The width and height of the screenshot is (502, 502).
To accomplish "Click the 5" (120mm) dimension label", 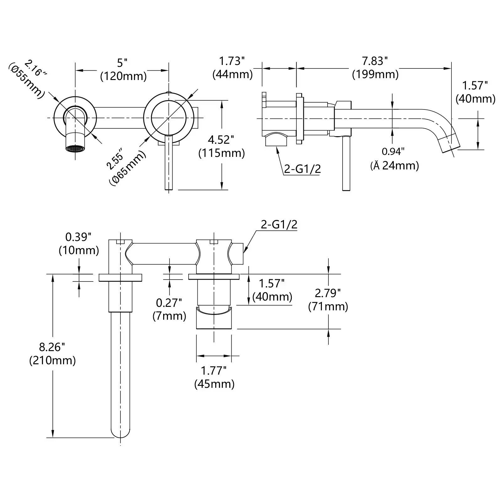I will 123,69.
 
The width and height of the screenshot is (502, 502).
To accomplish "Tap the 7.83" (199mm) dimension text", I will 375,68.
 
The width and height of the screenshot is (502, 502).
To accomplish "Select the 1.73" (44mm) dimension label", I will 232,68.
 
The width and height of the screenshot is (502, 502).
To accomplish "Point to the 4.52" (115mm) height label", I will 222,146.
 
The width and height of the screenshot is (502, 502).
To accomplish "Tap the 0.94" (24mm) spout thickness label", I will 394,159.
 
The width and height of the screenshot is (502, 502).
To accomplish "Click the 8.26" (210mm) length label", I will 52,354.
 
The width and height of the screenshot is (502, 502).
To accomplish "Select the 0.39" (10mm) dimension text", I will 79,243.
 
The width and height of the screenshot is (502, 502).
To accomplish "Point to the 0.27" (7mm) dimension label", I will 169,309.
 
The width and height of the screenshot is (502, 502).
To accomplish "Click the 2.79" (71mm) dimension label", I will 328,300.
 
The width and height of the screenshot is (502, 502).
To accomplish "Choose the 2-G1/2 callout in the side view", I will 302,169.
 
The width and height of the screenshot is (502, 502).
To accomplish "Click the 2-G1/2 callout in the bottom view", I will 279,224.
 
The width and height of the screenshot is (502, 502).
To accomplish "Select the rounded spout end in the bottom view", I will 120,431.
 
